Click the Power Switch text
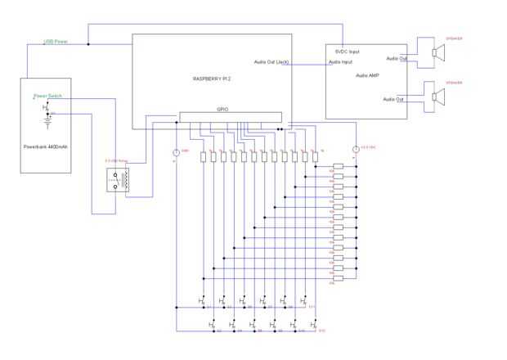point(48,96)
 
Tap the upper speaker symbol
point(439,53)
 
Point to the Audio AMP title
point(368,76)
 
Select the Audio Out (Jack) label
point(271,62)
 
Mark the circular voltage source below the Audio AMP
point(354,148)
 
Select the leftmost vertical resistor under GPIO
point(203,155)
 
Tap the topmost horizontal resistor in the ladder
point(339,166)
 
